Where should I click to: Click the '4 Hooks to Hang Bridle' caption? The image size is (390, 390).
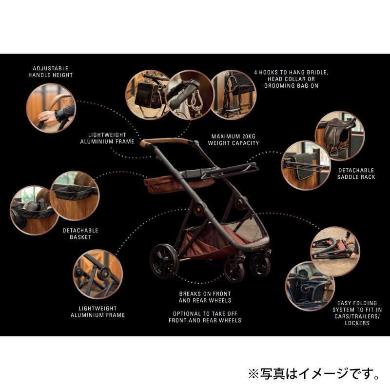(x=291, y=78)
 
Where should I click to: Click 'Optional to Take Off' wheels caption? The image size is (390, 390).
(x=205, y=317)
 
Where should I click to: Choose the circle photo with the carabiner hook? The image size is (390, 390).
(x=188, y=93)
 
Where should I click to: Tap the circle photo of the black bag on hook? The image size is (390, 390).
(x=147, y=93)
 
